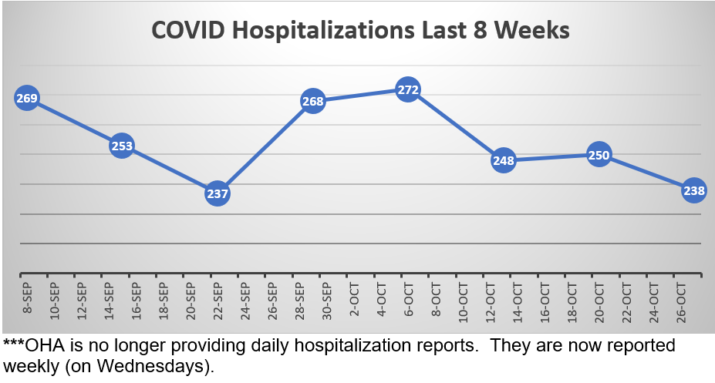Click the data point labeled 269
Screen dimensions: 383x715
pyautogui.click(x=26, y=98)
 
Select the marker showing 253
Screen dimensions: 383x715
pyautogui.click(x=122, y=145)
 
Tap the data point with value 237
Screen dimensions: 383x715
pyautogui.click(x=218, y=193)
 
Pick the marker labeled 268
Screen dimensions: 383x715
pyautogui.click(x=312, y=101)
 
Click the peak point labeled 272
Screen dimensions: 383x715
pyautogui.click(x=408, y=90)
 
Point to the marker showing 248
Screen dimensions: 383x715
pyautogui.click(x=504, y=160)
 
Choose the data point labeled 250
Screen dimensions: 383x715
pyautogui.click(x=599, y=155)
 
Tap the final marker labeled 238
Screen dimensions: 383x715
pyautogui.click(x=694, y=190)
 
